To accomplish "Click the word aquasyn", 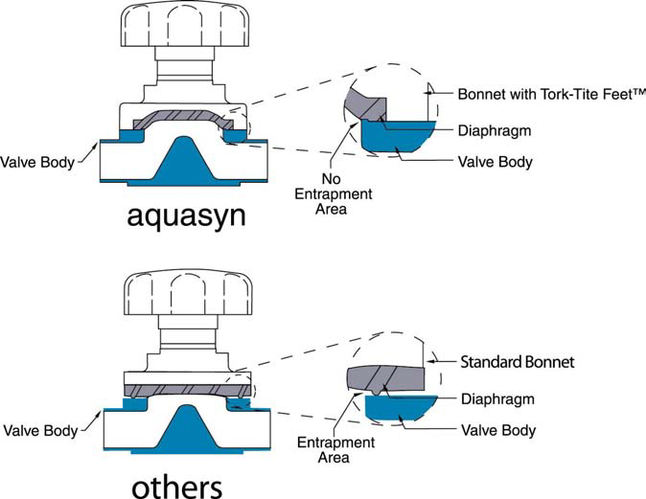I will [186, 215].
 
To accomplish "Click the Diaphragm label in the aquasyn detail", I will [495, 130].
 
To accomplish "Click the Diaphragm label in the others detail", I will [495, 398].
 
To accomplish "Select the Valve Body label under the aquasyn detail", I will [496, 162].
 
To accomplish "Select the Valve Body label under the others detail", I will [496, 431].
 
